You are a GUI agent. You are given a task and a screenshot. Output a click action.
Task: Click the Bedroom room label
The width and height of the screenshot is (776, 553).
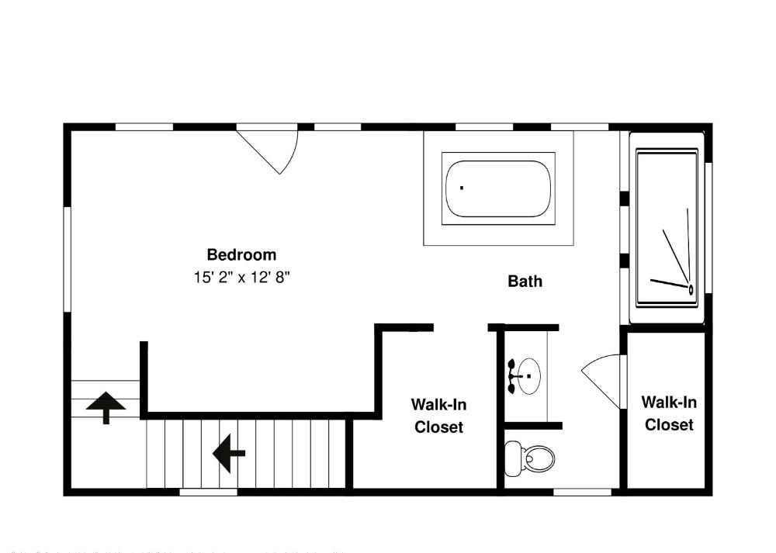click(x=241, y=254)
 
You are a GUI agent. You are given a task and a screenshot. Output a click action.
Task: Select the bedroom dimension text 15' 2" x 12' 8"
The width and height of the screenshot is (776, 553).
click(x=241, y=277)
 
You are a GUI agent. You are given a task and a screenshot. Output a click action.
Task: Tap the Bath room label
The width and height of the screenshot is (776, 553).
click(x=525, y=281)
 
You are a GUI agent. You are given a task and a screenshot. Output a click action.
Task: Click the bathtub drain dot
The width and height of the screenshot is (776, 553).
click(x=462, y=187)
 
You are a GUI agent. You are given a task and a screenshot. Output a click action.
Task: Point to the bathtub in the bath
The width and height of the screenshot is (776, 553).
click(x=499, y=189)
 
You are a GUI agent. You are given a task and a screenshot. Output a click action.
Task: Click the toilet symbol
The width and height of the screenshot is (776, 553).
click(x=536, y=458)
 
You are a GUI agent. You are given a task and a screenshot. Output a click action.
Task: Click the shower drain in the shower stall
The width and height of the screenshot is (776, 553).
click(x=691, y=289)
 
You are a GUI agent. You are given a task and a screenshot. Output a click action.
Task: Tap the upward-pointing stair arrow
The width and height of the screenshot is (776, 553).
click(x=106, y=406)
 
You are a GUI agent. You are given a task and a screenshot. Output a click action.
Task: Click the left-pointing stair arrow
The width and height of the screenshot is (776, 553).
click(x=229, y=453)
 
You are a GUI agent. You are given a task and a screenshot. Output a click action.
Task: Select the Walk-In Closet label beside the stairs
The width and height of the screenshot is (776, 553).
click(x=438, y=416)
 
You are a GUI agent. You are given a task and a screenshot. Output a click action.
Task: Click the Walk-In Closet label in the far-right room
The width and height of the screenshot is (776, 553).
click(x=669, y=413)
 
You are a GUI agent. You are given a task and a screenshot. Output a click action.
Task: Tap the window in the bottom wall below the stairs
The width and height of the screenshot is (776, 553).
click(x=208, y=491)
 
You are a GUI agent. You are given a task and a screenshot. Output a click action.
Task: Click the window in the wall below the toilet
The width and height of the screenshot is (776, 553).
click(x=582, y=491)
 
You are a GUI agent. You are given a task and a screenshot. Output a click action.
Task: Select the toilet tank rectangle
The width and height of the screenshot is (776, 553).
click(x=513, y=458)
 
